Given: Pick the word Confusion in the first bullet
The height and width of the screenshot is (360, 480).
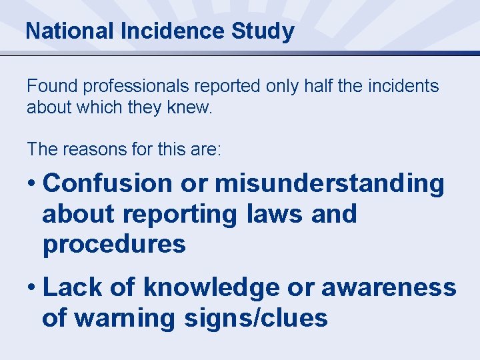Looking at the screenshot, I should click(x=107, y=183).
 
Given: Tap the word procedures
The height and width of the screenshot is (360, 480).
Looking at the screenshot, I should click(x=114, y=245).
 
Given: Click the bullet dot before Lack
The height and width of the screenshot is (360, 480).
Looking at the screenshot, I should click(x=31, y=289).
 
